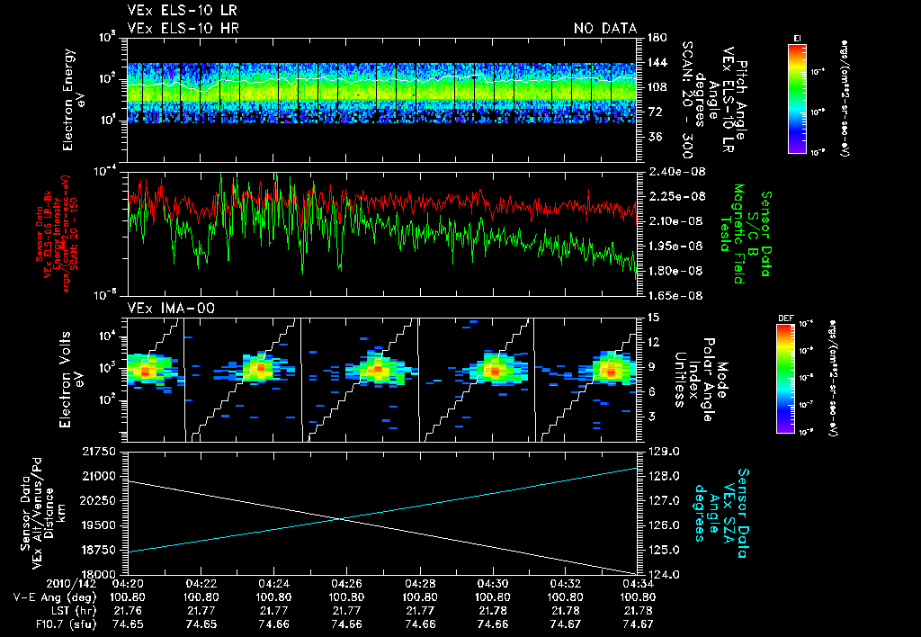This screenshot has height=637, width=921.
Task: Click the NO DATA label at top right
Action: pyautogui.click(x=605, y=28)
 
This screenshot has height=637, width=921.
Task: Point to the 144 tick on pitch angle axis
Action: pyautogui.click(x=655, y=62)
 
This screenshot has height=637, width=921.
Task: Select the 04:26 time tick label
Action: pyautogui.click(x=347, y=583)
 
